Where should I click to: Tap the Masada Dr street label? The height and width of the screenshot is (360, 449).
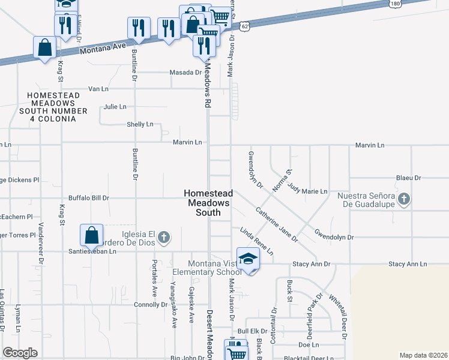point(187,73)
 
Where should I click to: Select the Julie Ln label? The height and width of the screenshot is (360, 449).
point(115,107)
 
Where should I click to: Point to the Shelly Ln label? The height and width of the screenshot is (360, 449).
point(140,124)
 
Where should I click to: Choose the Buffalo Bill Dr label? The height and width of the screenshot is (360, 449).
point(88,197)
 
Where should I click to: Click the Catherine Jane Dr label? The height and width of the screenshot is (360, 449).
point(276,224)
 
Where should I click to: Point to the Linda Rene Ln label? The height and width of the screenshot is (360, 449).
point(256,241)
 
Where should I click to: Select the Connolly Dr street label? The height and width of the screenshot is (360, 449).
point(151,305)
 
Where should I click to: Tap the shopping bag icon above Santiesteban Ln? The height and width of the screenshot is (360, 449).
point(91,235)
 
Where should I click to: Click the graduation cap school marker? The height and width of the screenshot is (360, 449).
point(247,259)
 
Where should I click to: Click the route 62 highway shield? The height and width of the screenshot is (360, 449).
point(244,26)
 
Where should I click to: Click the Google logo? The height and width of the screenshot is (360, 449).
point(20,353)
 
